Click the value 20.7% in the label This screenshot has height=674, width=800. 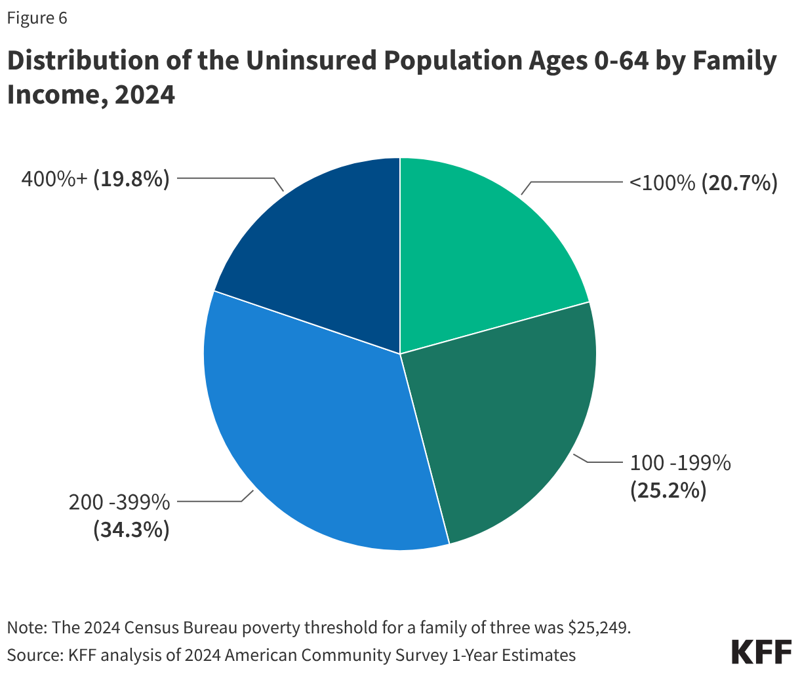tap(739, 183)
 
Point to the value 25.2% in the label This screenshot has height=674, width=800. tap(668, 490)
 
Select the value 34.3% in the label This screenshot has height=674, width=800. tap(131, 529)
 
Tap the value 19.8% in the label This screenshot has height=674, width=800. tap(131, 178)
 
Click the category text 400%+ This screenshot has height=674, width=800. tap(54, 178)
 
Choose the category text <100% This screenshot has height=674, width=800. tap(662, 183)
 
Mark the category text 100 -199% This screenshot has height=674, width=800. tap(680, 463)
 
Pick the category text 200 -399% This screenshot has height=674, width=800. tap(119, 502)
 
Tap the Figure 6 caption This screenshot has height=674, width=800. tap(37, 18)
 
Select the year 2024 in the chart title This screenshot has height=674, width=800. tap(144, 95)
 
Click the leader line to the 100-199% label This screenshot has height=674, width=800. tap(600, 462)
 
